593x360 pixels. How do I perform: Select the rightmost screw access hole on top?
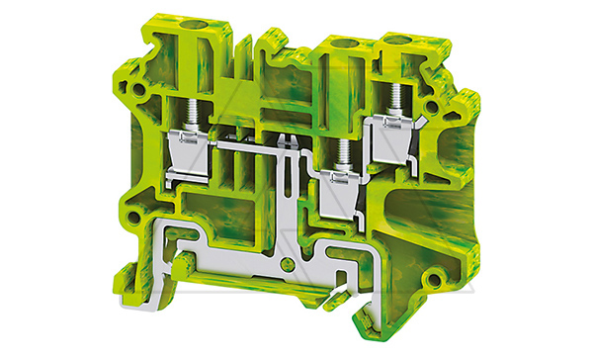(400, 41)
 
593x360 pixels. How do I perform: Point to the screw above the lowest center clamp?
(341, 154)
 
